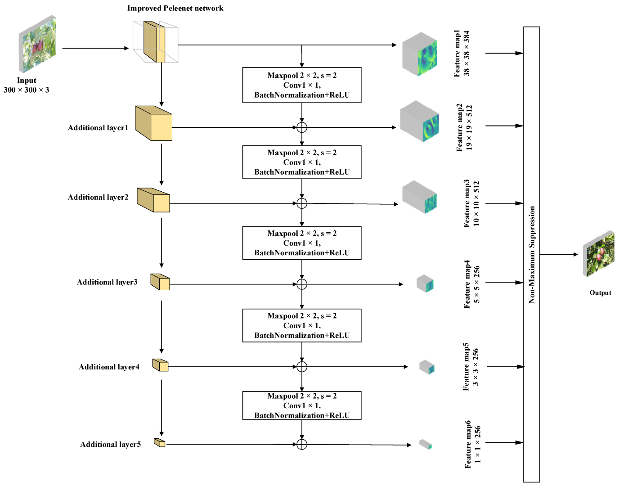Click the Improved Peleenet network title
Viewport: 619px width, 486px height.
click(x=175, y=8)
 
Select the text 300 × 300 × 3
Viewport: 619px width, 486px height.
click(x=27, y=90)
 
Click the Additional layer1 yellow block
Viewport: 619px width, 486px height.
click(x=154, y=124)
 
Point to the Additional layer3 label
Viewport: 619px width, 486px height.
click(x=107, y=282)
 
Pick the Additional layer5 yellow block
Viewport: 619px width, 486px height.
click(x=160, y=443)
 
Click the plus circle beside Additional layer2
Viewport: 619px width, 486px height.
click(x=302, y=203)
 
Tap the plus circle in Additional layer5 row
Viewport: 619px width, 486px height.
click(x=302, y=445)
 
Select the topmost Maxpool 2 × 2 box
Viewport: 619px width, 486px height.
click(x=302, y=85)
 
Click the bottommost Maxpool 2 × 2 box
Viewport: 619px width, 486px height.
click(x=302, y=405)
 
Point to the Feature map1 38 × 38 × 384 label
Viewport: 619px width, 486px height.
click(x=462, y=53)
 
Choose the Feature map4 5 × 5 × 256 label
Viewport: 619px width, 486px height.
click(x=471, y=283)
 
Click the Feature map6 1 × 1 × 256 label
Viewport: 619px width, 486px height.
click(x=472, y=444)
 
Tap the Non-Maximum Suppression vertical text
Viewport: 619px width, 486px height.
click(x=532, y=254)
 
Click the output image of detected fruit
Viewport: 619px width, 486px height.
click(x=598, y=253)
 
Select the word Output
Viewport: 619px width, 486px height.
click(x=600, y=293)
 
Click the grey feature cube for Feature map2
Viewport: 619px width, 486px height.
click(x=419, y=121)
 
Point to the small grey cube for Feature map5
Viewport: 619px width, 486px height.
click(x=426, y=367)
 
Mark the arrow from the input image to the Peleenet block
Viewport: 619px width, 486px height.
click(x=95, y=48)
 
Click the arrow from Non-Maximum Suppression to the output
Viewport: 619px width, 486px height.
click(x=558, y=254)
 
